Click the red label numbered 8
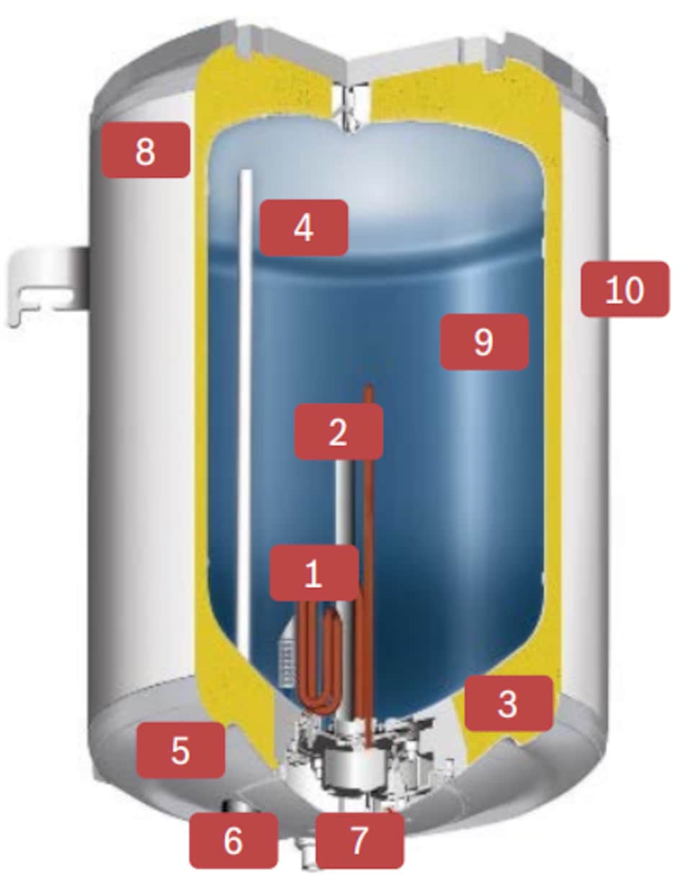(146, 150)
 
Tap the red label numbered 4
(303, 228)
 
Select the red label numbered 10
(625, 289)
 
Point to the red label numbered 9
(484, 342)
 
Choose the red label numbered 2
(339, 432)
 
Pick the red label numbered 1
(314, 573)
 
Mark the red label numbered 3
(509, 703)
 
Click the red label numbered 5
(180, 751)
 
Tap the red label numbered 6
(233, 840)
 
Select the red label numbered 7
(359, 840)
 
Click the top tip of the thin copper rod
(369, 385)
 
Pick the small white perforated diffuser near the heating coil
(289, 656)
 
